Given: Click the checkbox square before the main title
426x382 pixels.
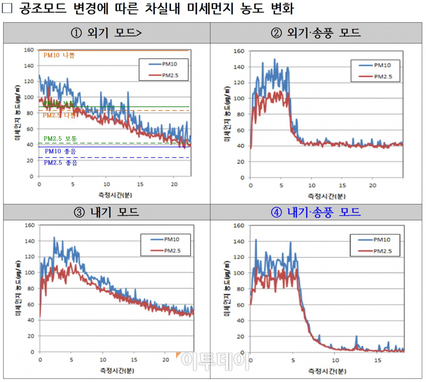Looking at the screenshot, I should pyautogui.click(x=7, y=8).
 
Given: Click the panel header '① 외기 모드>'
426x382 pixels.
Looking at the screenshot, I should pyautogui.click(x=106, y=33).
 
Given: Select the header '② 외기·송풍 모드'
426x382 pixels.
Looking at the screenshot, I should pyautogui.click(x=316, y=33).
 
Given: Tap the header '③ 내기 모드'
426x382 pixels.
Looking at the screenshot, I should pyautogui.click(x=106, y=212).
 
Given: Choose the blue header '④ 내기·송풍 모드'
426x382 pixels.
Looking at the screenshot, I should pyautogui.click(x=316, y=212).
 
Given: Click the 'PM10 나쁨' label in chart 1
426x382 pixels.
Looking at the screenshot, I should pyautogui.click(x=59, y=55).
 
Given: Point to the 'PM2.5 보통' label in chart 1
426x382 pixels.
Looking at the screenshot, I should pyautogui.click(x=60, y=139).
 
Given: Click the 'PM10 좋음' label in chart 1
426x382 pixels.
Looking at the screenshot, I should pyautogui.click(x=60, y=151).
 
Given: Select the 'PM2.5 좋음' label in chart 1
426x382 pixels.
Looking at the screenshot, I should pyautogui.click(x=60, y=163).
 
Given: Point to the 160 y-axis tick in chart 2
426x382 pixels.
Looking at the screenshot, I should pyautogui.click(x=239, y=51).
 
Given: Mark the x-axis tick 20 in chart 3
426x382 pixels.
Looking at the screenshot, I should pyautogui.click(x=165, y=360).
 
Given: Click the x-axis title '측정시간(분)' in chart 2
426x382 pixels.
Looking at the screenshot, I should pyautogui.click(x=326, y=196).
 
